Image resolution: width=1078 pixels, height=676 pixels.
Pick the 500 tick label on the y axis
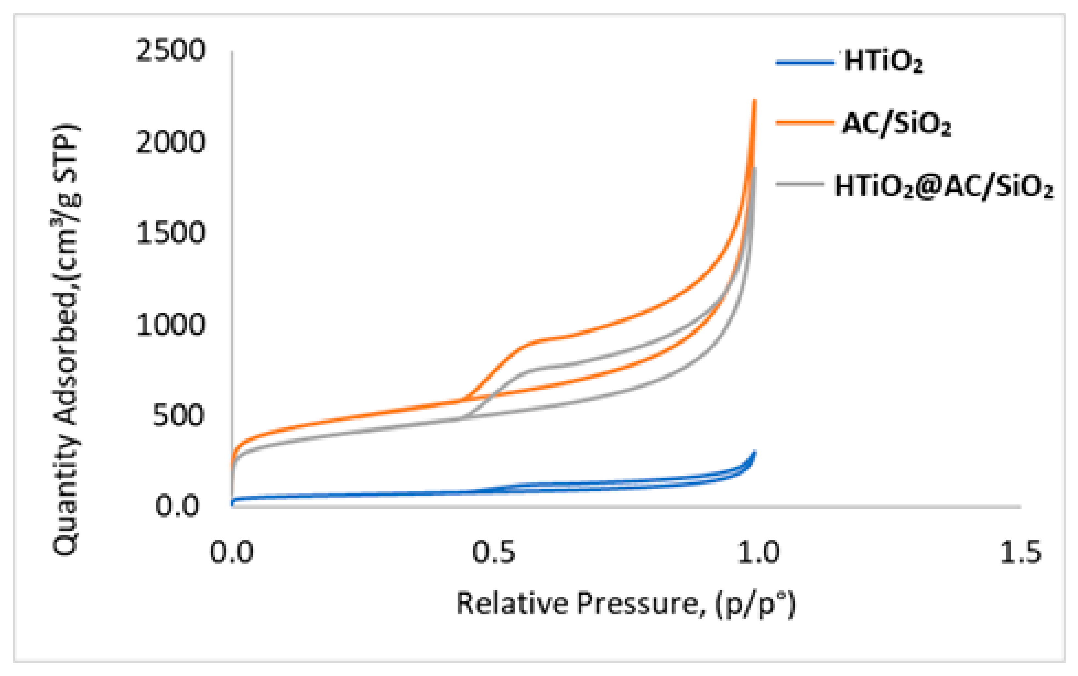178,416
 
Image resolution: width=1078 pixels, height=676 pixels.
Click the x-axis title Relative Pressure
626,604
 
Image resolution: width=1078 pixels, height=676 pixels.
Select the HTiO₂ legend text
883,61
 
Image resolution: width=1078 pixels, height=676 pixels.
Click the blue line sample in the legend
805,63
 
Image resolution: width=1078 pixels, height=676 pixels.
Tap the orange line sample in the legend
805,122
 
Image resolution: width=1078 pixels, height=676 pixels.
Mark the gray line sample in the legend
799,183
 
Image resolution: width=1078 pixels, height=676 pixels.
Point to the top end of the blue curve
755,452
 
